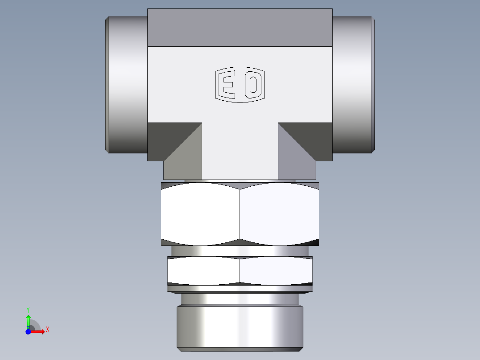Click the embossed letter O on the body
252,84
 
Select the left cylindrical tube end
127,85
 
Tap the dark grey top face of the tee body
240,28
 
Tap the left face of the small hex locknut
203,271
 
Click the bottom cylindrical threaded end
240,327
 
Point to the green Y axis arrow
28,320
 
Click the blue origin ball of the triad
28,332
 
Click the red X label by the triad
48,330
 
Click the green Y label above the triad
28,309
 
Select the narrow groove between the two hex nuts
240,251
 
